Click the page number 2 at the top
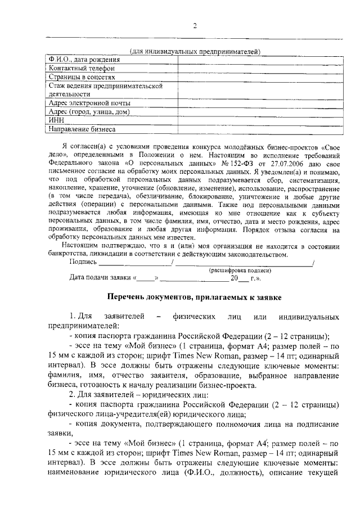pyautogui.click(x=195, y=26)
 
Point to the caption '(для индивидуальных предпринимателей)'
pyautogui.click(x=195, y=52)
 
